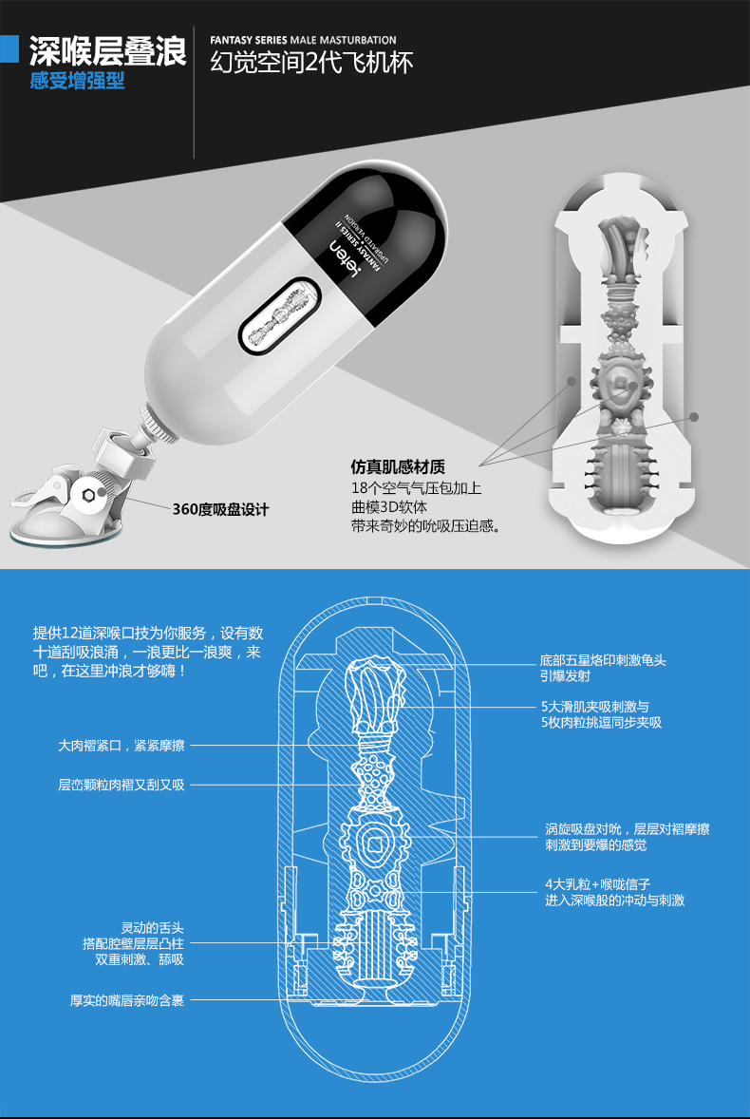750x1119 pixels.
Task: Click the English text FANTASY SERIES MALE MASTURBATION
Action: (x=304, y=41)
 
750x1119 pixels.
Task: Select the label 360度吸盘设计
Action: (x=220, y=509)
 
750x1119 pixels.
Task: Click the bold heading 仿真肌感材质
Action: (x=398, y=467)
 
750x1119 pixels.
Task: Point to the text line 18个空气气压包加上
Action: (x=417, y=488)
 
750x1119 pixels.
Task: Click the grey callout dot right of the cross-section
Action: (x=694, y=416)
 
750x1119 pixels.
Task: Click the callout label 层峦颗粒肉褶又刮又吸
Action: (x=121, y=785)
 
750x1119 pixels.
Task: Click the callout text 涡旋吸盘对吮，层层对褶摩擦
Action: (x=627, y=829)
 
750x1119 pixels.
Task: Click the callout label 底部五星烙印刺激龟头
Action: (x=603, y=659)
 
